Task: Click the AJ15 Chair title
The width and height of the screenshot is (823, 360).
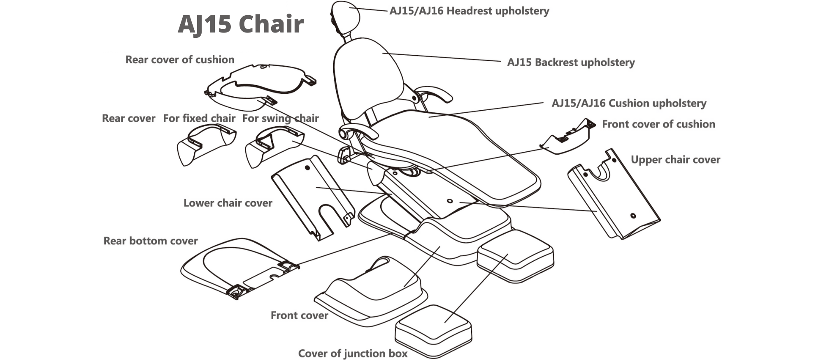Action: pos(241,24)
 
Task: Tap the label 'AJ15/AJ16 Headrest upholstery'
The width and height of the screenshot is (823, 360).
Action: pos(469,11)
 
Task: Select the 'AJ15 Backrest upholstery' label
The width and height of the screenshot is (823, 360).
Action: pos(571,63)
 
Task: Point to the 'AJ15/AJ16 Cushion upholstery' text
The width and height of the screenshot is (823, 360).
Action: pos(629,103)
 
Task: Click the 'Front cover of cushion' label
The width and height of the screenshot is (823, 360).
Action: pos(658,124)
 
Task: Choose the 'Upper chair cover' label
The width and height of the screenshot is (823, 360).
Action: pos(675,160)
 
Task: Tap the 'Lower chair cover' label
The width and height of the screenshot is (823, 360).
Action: pos(228,203)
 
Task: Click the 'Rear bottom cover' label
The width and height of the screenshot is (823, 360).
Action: pos(150,241)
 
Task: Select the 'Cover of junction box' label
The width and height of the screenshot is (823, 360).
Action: pos(353,353)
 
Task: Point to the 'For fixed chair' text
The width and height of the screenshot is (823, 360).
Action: pos(199,118)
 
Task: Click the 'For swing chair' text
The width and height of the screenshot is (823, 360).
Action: pos(280,118)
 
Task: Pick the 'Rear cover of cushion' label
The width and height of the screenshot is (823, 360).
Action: pos(180,60)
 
